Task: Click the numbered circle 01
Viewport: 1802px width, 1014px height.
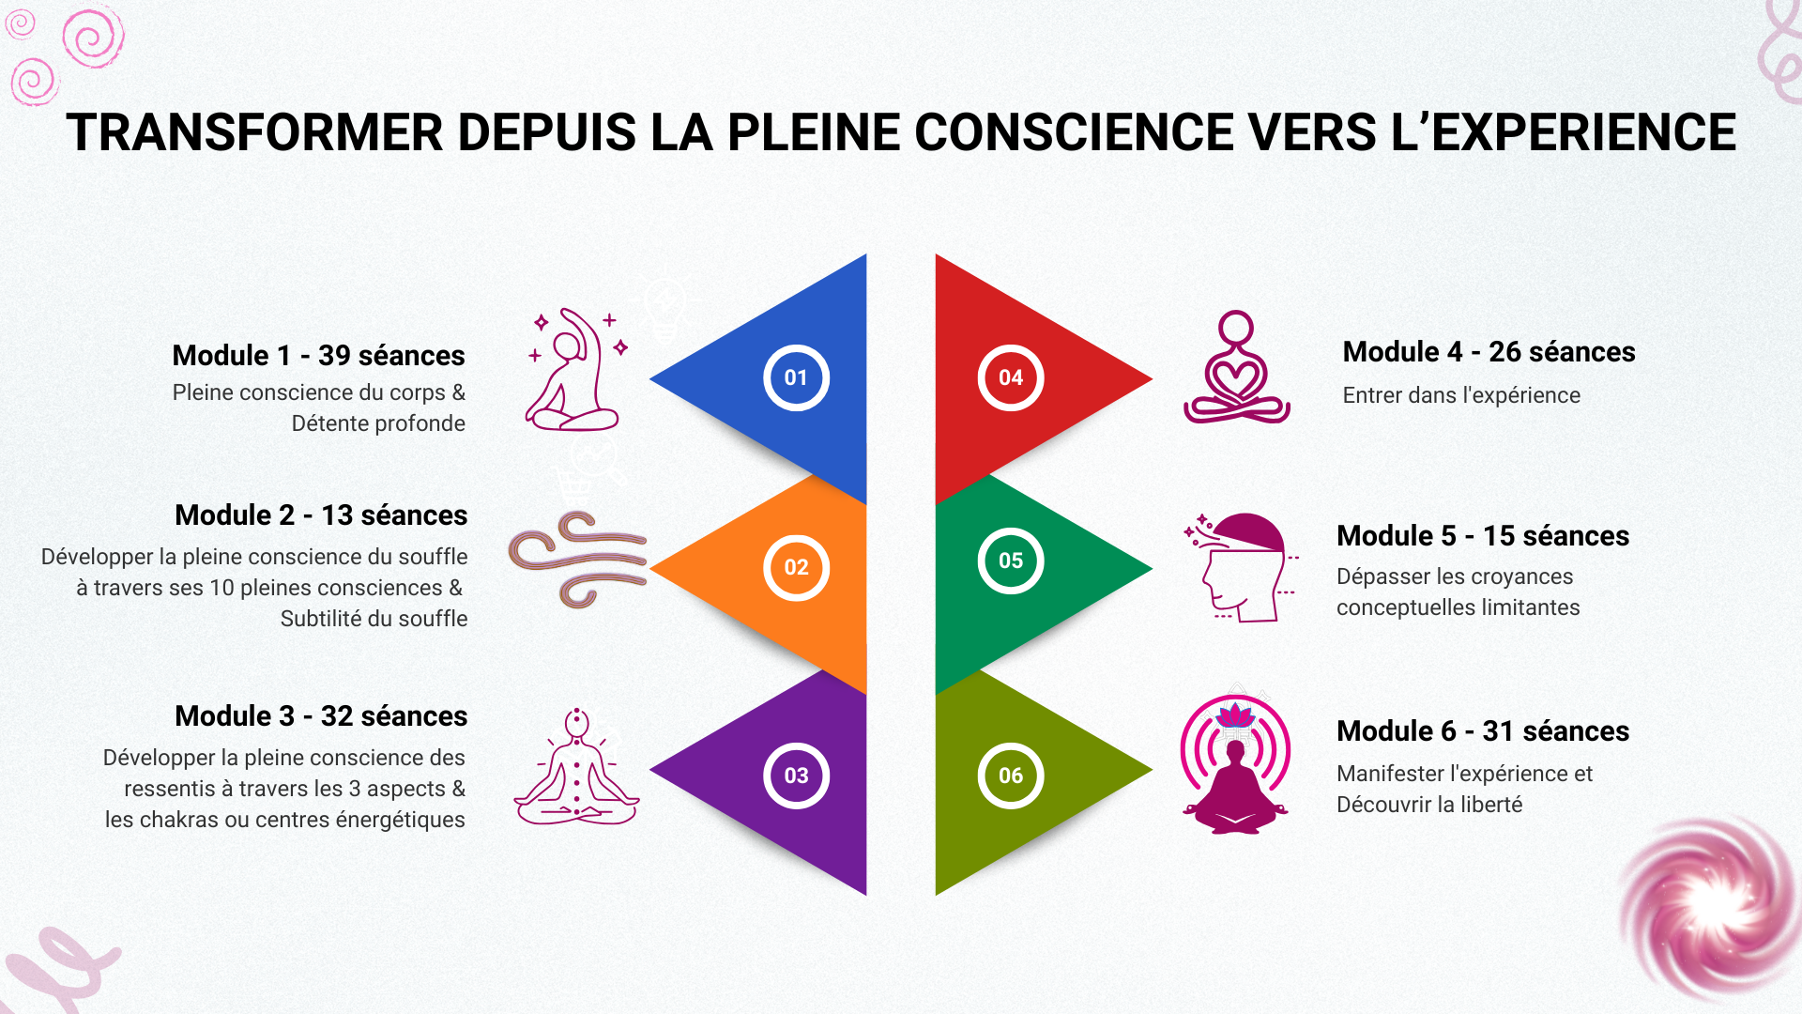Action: pyautogui.click(x=796, y=377)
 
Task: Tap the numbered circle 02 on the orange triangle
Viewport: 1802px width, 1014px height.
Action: pyautogui.click(x=796, y=567)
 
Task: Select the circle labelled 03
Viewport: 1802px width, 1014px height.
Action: pyautogui.click(x=796, y=776)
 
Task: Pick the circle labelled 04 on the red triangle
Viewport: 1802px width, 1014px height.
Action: pyautogui.click(x=1011, y=377)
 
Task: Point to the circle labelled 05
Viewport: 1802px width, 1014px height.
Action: pyautogui.click(x=1011, y=561)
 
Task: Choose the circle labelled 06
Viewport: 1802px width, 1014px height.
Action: pyautogui.click(x=1011, y=776)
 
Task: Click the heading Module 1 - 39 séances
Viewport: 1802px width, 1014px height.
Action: pyautogui.click(x=318, y=356)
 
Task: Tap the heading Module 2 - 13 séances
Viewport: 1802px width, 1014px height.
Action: pyautogui.click(x=321, y=515)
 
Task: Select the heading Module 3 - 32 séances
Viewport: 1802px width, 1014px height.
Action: pyautogui.click(x=321, y=716)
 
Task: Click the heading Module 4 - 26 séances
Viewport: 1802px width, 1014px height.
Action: pyautogui.click(x=1489, y=352)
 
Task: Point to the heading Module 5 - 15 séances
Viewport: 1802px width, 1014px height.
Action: pyautogui.click(x=1483, y=536)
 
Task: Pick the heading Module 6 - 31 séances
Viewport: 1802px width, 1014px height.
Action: pyautogui.click(x=1483, y=731)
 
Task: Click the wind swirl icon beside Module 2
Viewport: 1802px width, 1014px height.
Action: pyautogui.click(x=577, y=560)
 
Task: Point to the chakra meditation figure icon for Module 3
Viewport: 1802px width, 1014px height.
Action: pyautogui.click(x=576, y=768)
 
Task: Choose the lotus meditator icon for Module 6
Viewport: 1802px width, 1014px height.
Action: pyautogui.click(x=1235, y=764)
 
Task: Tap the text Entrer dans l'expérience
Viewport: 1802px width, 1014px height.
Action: pyautogui.click(x=1461, y=396)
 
